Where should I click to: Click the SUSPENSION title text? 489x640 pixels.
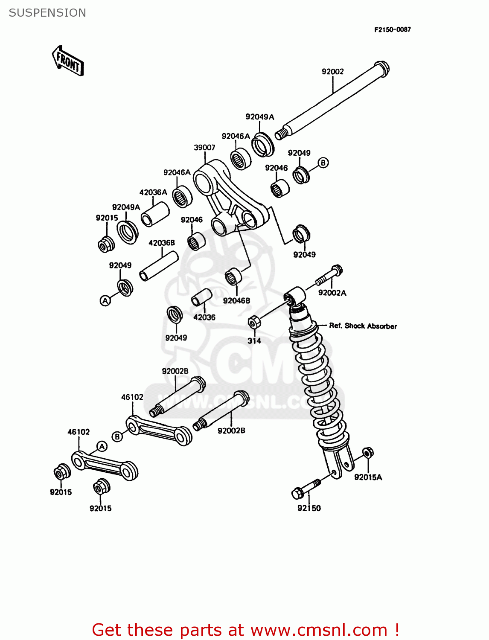[47, 13]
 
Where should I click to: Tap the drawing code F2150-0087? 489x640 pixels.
[392, 29]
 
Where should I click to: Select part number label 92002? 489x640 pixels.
[332, 72]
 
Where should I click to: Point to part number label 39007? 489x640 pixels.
[204, 148]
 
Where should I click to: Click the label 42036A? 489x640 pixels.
[153, 192]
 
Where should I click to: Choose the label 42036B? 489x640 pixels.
[161, 243]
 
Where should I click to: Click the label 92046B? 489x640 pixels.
[236, 300]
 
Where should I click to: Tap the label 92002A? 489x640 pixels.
[332, 293]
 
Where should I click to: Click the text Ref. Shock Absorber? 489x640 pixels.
[363, 326]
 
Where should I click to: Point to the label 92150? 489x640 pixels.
[309, 508]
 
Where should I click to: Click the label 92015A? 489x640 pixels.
[368, 477]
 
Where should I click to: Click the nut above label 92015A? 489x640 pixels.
[368, 452]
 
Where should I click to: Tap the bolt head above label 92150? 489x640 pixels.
[298, 494]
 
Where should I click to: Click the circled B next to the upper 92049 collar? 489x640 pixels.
[323, 163]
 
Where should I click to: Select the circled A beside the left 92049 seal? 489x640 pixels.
[105, 300]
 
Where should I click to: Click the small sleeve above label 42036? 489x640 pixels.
[201, 297]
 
